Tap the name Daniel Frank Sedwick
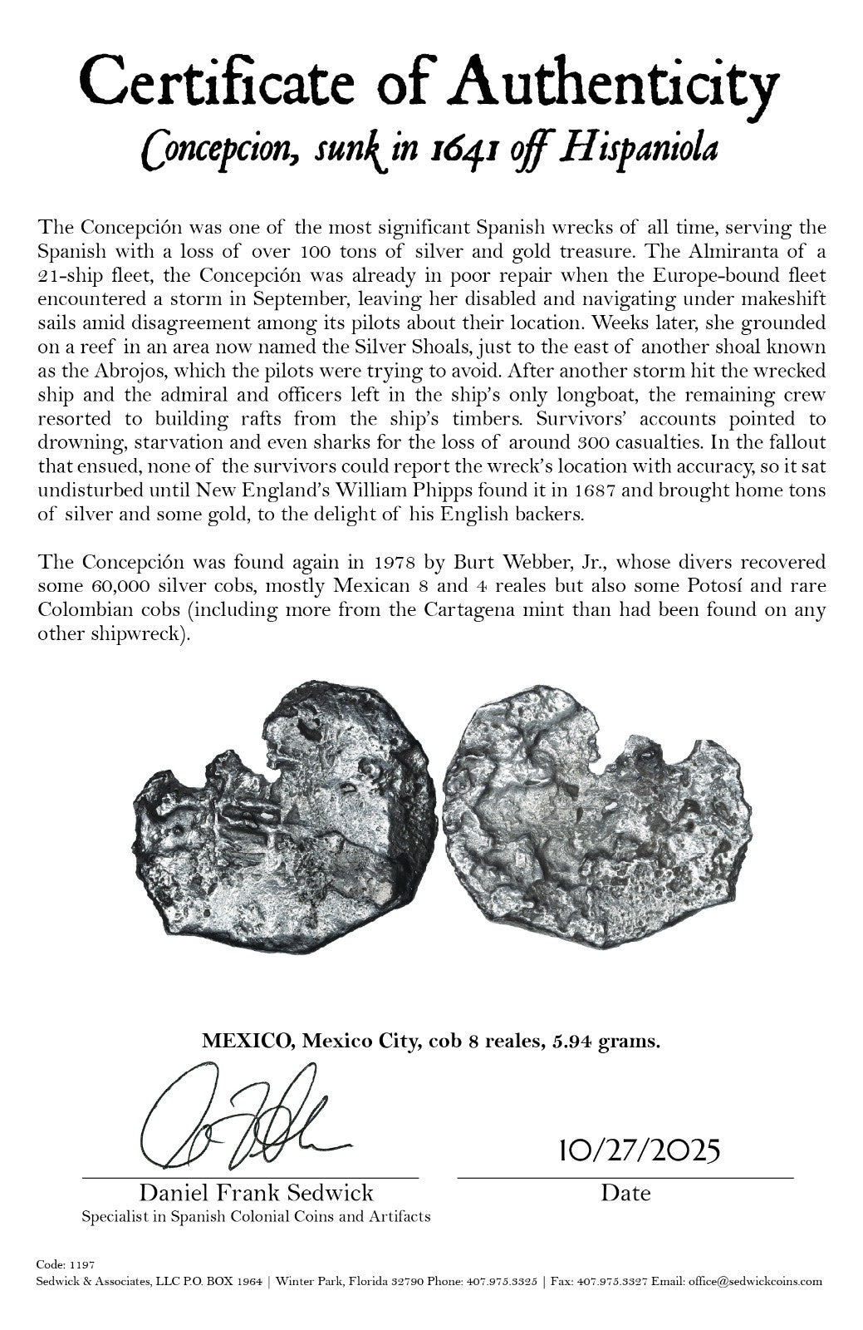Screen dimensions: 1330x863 [x=256, y=1193]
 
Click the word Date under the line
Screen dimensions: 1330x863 [x=625, y=1194]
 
